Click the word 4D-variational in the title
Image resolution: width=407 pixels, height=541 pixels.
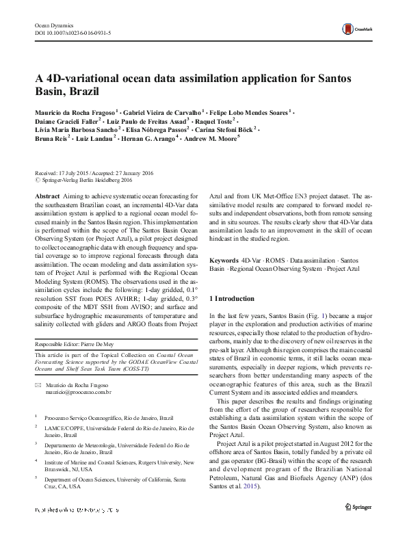pyautogui.click(x=90, y=79)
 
